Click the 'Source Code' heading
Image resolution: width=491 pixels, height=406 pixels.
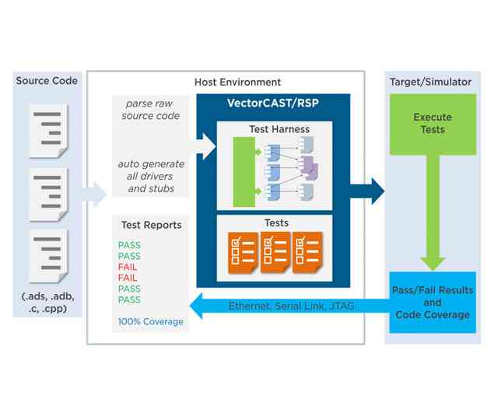click(47, 81)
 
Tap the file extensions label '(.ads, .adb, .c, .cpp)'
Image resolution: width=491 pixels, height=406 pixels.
click(48, 303)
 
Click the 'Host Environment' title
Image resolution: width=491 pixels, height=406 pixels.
click(237, 82)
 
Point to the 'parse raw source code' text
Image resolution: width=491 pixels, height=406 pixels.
click(152, 110)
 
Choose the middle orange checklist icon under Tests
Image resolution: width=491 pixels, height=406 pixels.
click(275, 252)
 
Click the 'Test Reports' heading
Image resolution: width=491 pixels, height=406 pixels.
click(151, 225)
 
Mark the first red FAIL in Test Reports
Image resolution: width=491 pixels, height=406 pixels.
click(128, 267)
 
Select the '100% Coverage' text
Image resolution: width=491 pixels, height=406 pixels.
click(151, 321)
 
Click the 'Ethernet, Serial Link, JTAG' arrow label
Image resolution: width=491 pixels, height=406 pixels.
click(291, 306)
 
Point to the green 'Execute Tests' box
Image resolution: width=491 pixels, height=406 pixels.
click(432, 124)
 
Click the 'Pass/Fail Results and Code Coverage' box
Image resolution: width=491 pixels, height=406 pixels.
click(433, 303)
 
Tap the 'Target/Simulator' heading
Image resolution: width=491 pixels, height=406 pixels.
click(432, 82)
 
